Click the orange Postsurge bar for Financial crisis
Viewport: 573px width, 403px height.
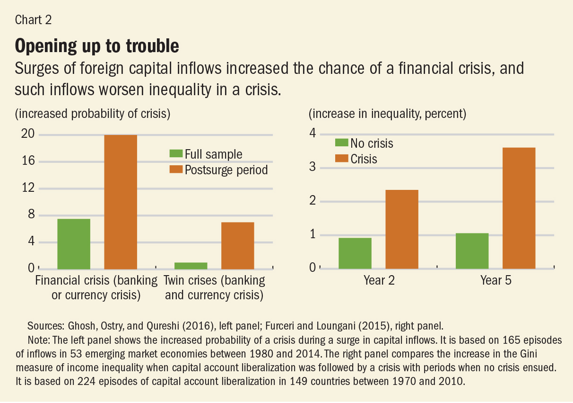(121, 202)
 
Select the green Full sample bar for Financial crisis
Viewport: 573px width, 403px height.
(74, 243)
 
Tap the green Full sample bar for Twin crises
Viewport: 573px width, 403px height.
(191, 265)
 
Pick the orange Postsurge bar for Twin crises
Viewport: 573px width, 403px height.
(237, 245)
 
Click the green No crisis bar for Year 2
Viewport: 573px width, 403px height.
(355, 253)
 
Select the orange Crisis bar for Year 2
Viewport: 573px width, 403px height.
(402, 229)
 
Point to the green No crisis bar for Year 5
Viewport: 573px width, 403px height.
(472, 251)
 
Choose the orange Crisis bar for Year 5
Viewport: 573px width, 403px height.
(519, 208)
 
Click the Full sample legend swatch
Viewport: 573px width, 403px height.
(176, 154)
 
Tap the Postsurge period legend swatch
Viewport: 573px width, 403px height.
(176, 170)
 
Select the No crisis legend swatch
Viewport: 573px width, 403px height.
(341, 143)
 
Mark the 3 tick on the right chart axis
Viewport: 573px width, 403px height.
(312, 168)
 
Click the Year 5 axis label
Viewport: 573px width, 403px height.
(495, 280)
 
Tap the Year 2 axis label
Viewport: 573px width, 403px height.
(379, 280)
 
